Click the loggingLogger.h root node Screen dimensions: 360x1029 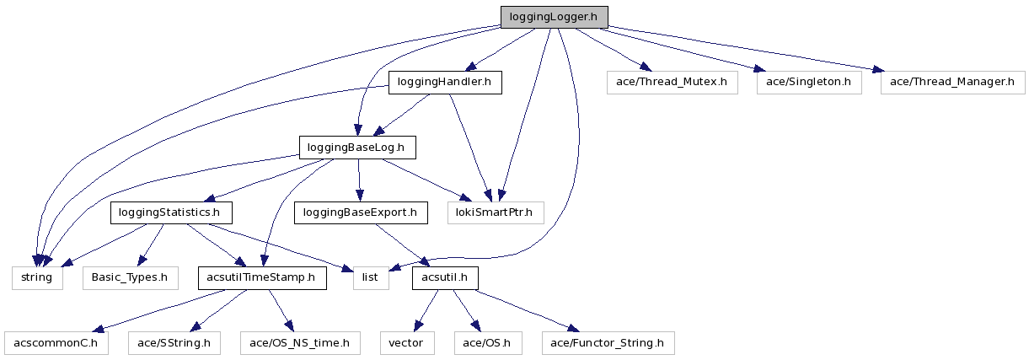click(554, 17)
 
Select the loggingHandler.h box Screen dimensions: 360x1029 click(445, 82)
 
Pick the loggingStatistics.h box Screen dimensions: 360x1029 click(171, 212)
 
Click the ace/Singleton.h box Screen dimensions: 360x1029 click(809, 82)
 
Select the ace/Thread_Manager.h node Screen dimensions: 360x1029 click(952, 82)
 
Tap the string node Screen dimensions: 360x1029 click(37, 277)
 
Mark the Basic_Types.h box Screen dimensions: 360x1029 click(131, 277)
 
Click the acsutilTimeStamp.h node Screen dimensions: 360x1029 click(261, 277)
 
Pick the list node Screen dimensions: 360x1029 click(371, 277)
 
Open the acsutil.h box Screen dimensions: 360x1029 click(445, 277)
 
